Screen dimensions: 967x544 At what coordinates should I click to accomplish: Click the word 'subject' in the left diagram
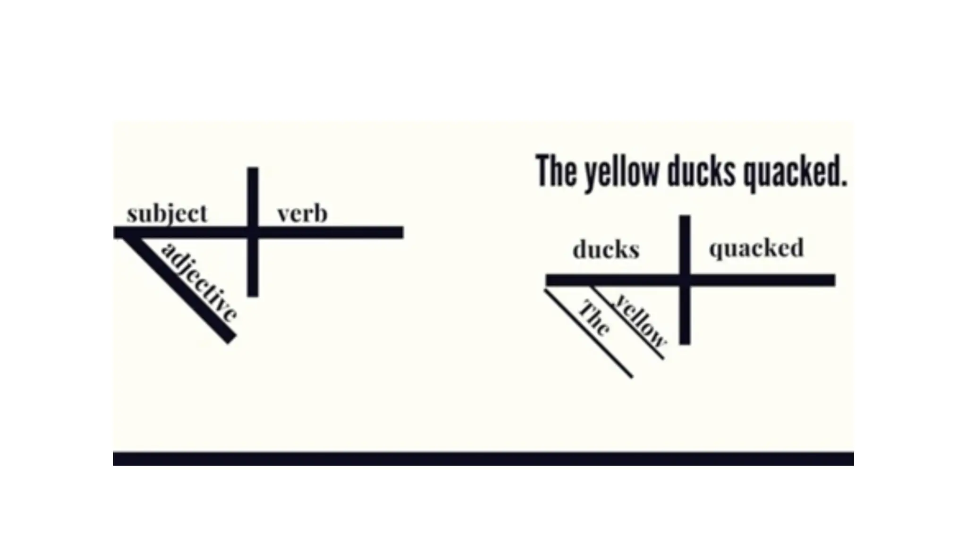(167, 214)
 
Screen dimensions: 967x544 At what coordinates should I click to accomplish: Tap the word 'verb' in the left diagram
(302, 214)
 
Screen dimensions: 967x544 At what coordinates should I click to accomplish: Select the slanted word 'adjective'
(199, 282)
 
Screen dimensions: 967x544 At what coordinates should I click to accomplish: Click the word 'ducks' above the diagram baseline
(606, 249)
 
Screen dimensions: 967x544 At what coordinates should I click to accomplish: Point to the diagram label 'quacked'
(756, 248)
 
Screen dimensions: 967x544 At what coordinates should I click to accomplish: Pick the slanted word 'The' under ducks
(594, 318)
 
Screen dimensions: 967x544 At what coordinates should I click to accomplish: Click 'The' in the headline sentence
(554, 171)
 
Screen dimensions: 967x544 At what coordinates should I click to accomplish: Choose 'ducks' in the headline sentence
(701, 171)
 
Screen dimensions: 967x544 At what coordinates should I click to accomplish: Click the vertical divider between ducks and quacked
(685, 321)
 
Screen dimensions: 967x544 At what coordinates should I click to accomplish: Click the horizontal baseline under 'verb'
(331, 232)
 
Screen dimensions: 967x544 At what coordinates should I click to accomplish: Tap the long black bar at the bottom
(483, 459)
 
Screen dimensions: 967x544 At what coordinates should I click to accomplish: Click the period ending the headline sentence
(843, 183)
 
